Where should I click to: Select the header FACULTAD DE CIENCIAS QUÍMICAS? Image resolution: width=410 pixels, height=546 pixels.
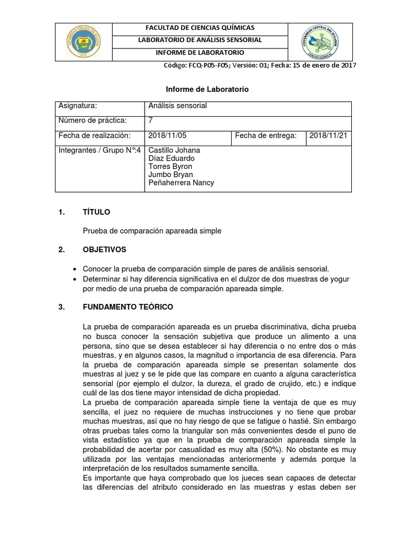tap(200, 28)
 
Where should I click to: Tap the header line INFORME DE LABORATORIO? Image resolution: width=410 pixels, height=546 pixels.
tap(200, 53)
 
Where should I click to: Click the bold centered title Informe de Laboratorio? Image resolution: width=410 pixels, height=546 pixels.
tap(205, 90)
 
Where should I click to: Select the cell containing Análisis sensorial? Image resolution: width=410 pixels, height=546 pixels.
tap(177, 106)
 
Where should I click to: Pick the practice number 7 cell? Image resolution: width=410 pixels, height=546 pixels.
tap(151, 121)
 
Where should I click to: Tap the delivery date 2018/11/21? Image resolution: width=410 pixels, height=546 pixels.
tap(328, 136)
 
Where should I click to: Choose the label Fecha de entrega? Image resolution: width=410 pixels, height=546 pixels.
tap(265, 136)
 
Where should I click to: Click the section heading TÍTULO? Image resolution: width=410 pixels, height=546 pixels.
tap(96, 212)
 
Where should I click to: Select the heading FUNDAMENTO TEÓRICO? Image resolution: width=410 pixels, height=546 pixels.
tap(128, 308)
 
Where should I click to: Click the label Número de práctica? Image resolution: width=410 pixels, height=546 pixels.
tap(93, 121)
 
